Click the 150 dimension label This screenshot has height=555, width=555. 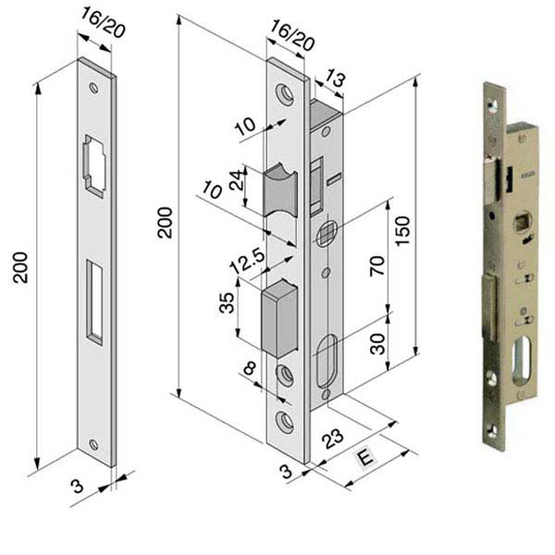point(402,230)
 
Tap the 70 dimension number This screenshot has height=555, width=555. point(377,265)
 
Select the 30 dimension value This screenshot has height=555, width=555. point(377,344)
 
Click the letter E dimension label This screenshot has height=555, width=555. point(365,457)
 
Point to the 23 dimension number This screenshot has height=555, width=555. point(332,438)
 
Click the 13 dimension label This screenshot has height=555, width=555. point(335,78)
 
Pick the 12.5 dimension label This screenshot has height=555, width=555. point(247,261)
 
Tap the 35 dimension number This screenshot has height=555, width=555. point(227,302)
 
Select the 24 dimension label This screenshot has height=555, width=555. point(237,180)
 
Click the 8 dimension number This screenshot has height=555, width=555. point(249,368)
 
